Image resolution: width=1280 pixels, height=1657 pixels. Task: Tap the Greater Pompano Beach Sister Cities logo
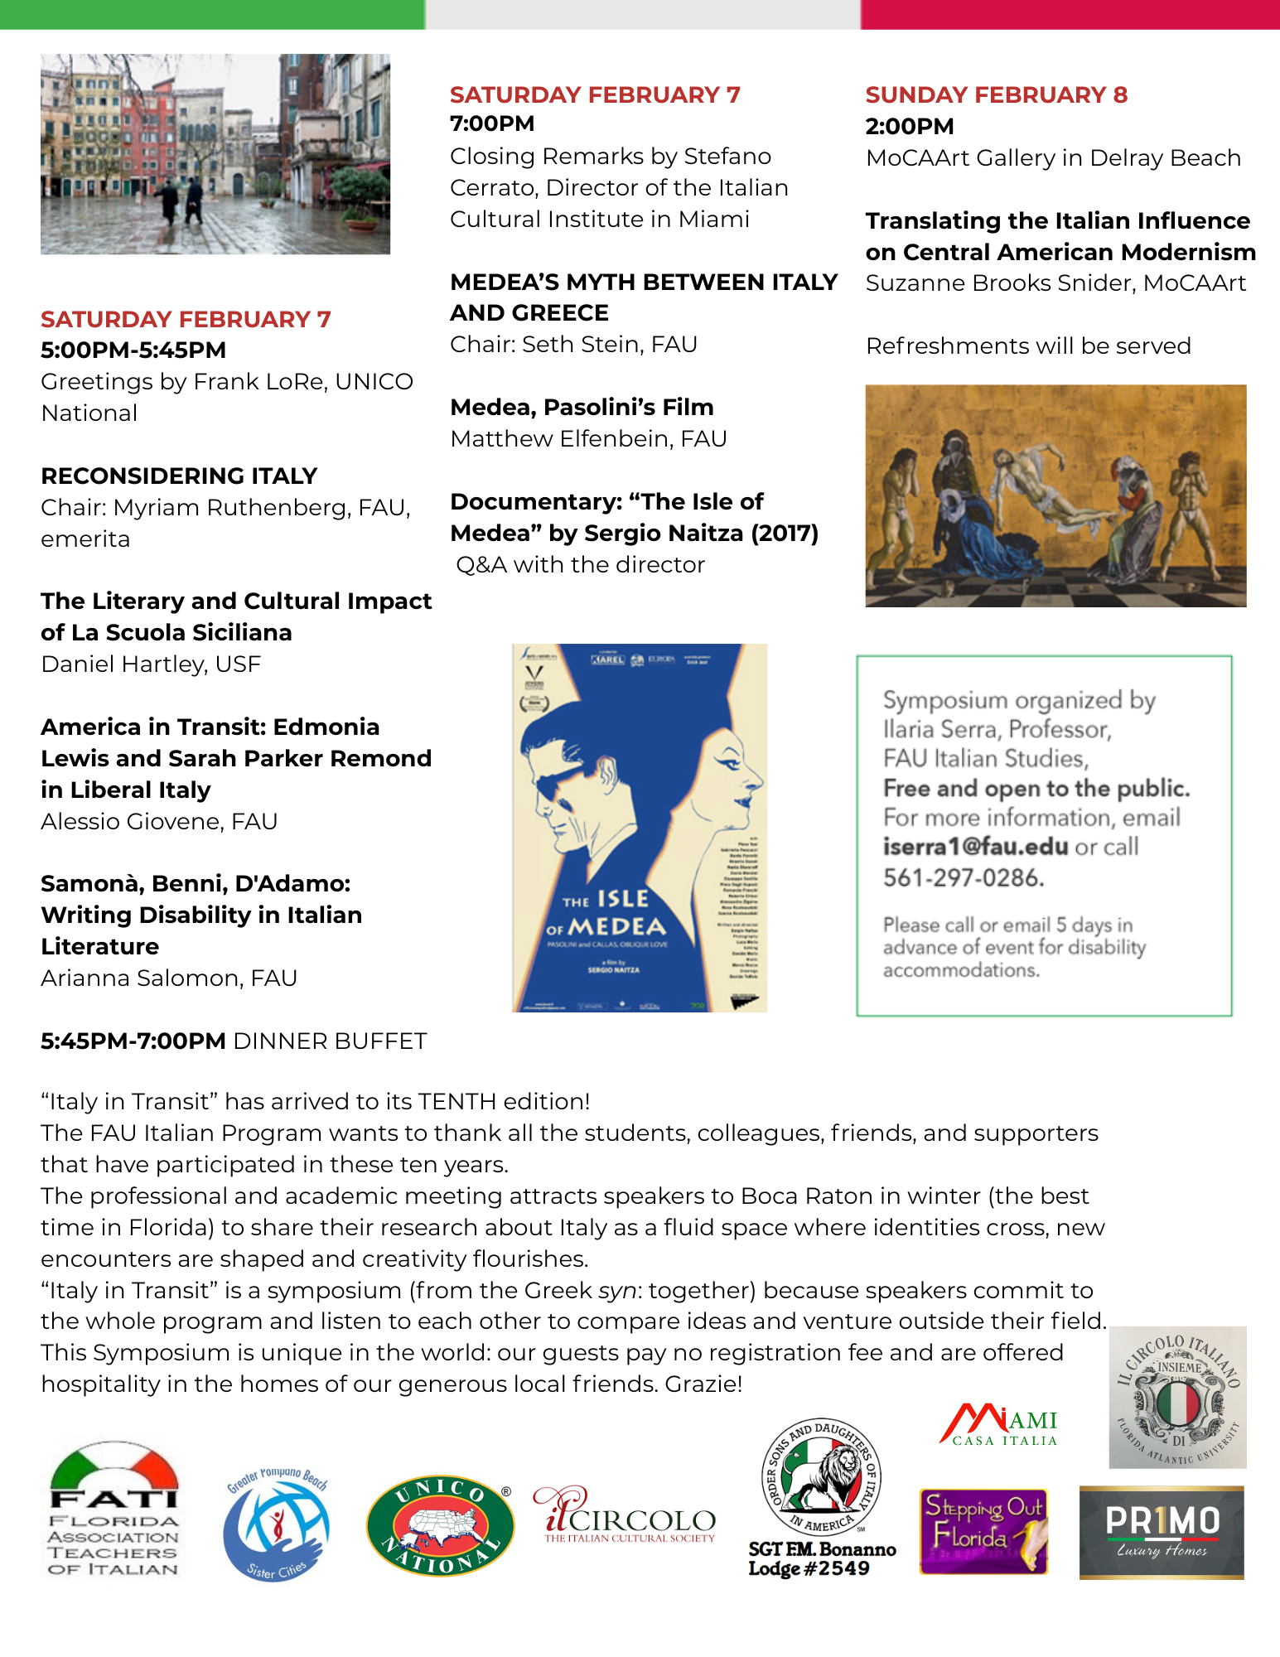[x=277, y=1524]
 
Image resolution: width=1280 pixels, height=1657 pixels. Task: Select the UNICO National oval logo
[x=440, y=1525]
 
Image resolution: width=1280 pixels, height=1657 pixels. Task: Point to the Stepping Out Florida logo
[x=983, y=1531]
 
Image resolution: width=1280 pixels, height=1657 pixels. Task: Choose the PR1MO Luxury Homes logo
[x=1162, y=1532]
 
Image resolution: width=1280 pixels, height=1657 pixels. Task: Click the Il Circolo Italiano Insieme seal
[x=1177, y=1397]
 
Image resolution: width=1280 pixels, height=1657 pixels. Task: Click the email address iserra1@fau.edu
[x=975, y=847]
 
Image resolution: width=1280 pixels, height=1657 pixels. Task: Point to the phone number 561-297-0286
[x=963, y=877]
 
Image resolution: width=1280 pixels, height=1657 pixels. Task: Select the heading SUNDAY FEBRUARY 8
[x=997, y=95]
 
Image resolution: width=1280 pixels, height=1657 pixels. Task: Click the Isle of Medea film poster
[x=640, y=828]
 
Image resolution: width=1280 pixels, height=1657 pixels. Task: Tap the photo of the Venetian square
[x=215, y=154]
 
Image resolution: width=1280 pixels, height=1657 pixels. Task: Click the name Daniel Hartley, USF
[x=151, y=664]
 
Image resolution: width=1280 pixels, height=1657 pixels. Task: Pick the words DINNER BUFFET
[x=331, y=1041]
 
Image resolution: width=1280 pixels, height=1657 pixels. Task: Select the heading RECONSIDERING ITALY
[x=179, y=476]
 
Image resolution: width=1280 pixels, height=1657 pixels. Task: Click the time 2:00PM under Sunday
[x=910, y=127]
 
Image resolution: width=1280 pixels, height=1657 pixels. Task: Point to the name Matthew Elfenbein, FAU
[x=588, y=439]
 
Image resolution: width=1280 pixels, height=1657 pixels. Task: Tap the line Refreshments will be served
[x=1028, y=346]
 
